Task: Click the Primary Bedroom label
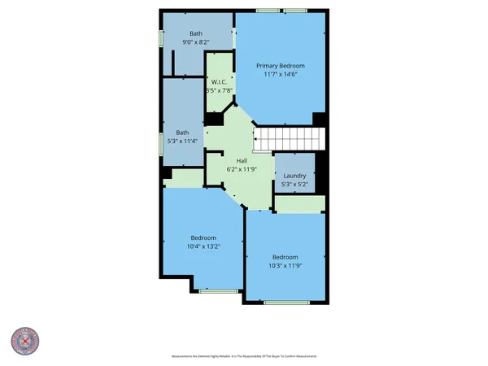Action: point(280,66)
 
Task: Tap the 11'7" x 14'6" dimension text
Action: point(280,75)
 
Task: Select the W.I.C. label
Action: point(218,82)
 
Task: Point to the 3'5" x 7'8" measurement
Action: point(218,91)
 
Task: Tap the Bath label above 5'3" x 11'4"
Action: point(183,133)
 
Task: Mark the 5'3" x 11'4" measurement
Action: point(183,142)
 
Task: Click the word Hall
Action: point(242,160)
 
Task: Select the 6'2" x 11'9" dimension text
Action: point(242,169)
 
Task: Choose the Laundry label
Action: point(294,175)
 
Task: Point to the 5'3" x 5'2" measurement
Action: point(294,184)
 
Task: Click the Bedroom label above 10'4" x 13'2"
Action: point(203,237)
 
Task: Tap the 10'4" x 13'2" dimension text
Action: point(203,246)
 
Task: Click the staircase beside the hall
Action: point(289,139)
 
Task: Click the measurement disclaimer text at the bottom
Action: point(244,355)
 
